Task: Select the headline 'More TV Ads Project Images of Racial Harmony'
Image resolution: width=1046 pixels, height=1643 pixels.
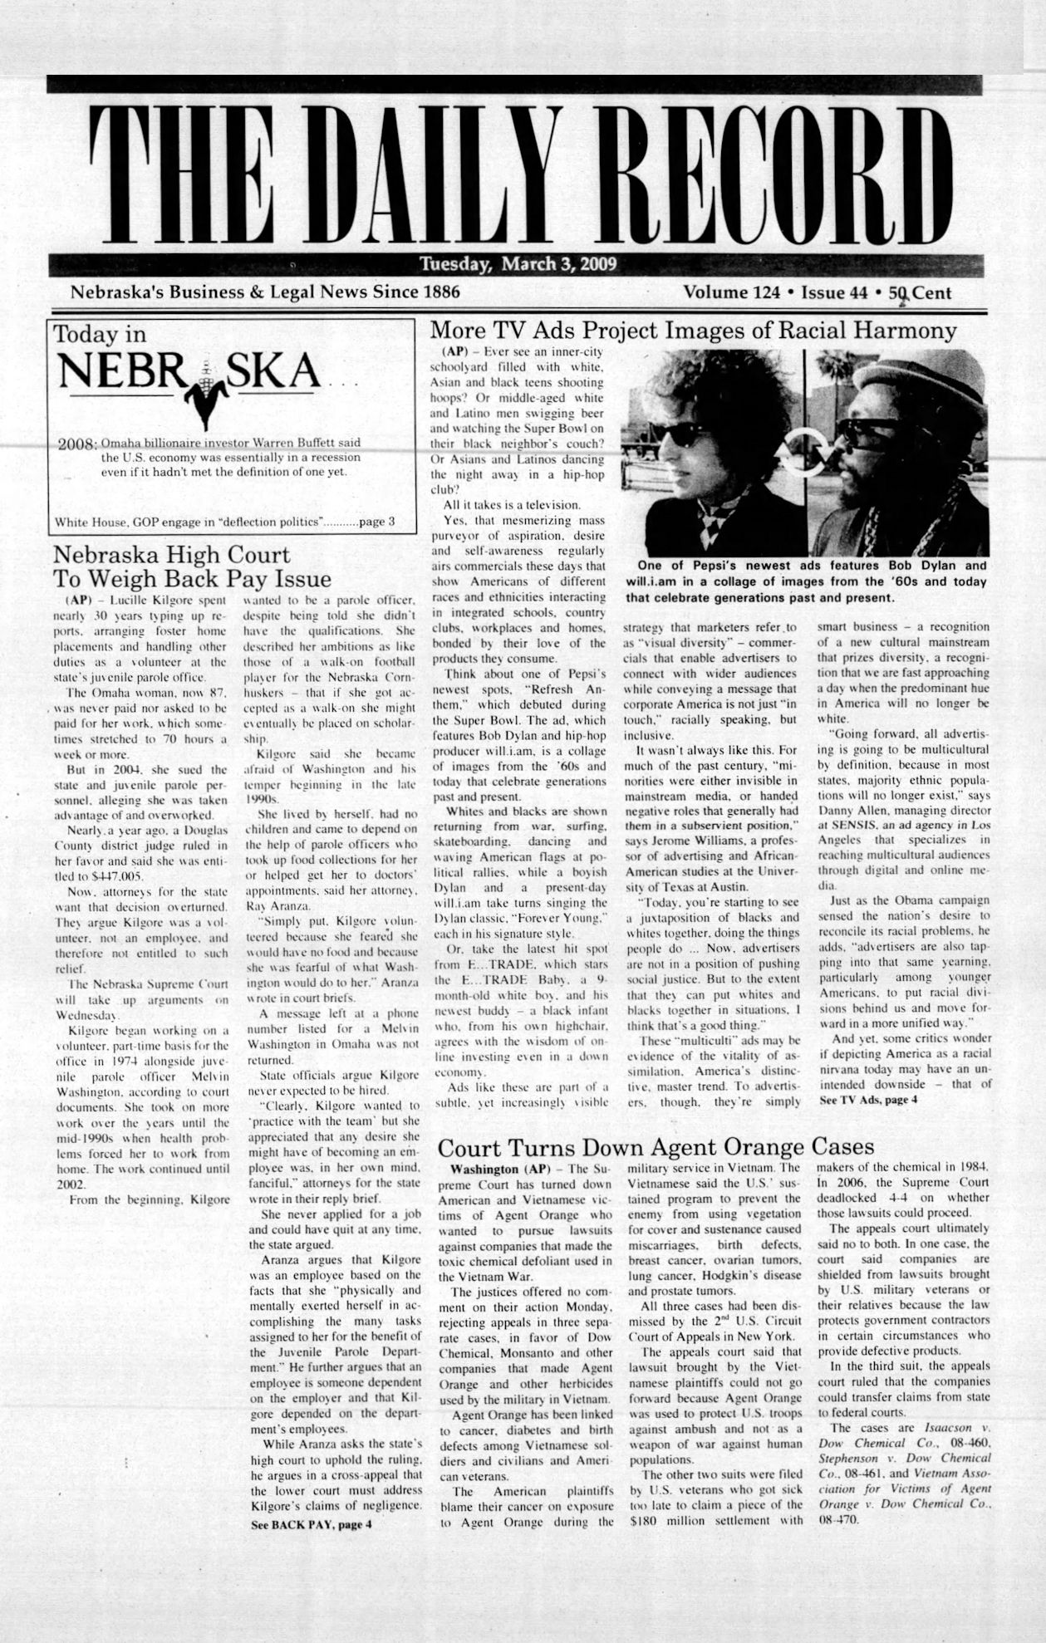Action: coord(693,331)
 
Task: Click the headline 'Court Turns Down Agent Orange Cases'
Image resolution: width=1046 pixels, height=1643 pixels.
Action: coord(656,1147)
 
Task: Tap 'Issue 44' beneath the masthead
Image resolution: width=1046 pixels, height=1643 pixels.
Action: coord(833,292)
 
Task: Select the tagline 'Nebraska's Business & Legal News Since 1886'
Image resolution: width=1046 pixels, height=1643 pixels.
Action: coord(265,292)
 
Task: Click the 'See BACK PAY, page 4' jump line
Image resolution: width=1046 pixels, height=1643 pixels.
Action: coord(311,1525)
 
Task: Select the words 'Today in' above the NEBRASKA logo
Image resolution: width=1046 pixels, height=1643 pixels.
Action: coord(100,335)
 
